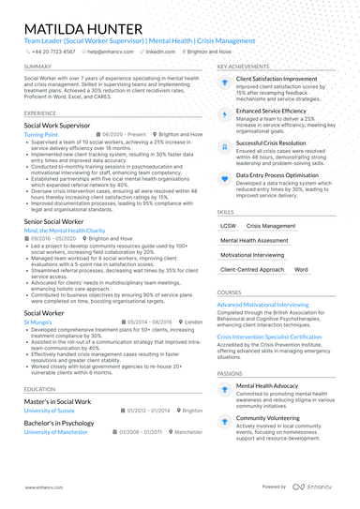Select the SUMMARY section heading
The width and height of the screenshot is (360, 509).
click(x=37, y=67)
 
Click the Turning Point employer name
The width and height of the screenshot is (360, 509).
click(x=41, y=134)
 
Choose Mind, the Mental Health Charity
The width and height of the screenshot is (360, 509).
click(x=64, y=230)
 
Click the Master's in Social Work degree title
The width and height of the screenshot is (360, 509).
click(x=57, y=401)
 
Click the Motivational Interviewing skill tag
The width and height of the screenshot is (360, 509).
click(x=254, y=255)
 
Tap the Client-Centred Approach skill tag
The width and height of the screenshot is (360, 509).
click(x=251, y=269)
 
